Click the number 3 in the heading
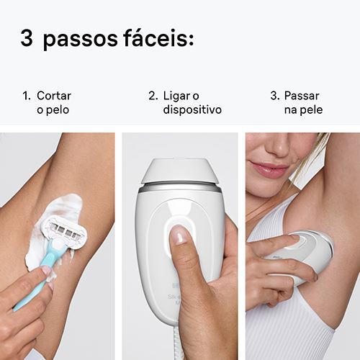coord(27,38)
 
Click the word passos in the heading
coord(81,40)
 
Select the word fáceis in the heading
coord(158,37)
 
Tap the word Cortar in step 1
coord(54,96)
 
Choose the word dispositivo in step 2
coord(192,110)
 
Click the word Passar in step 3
coord(302,96)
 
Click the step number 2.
coord(153,96)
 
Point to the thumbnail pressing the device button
coord(179,235)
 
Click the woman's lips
coord(269,168)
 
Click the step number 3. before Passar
coord(275,96)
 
